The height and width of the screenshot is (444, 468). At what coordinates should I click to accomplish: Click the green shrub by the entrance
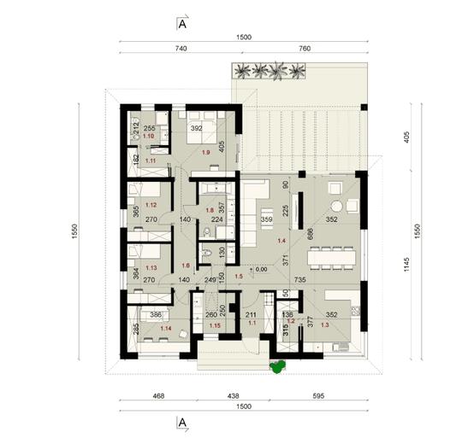point(275,368)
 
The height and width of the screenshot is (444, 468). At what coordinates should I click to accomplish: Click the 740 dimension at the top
point(181,50)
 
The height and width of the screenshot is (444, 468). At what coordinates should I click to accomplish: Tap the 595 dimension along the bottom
point(317,397)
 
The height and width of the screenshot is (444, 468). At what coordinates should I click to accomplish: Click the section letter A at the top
point(183,23)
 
